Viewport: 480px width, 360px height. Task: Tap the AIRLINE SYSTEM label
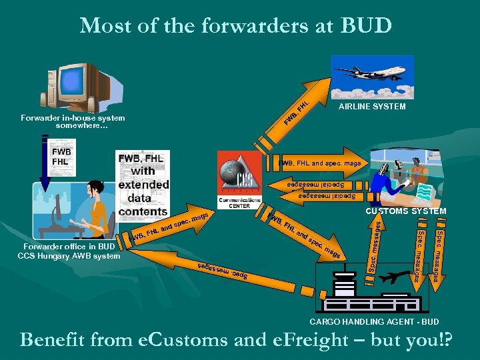point(372,107)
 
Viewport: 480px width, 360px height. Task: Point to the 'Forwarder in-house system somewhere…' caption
point(73,121)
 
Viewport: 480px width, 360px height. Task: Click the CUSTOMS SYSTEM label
point(405,211)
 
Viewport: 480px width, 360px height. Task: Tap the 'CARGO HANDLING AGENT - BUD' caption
point(374,322)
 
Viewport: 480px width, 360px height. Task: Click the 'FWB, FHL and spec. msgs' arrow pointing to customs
point(320,163)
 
